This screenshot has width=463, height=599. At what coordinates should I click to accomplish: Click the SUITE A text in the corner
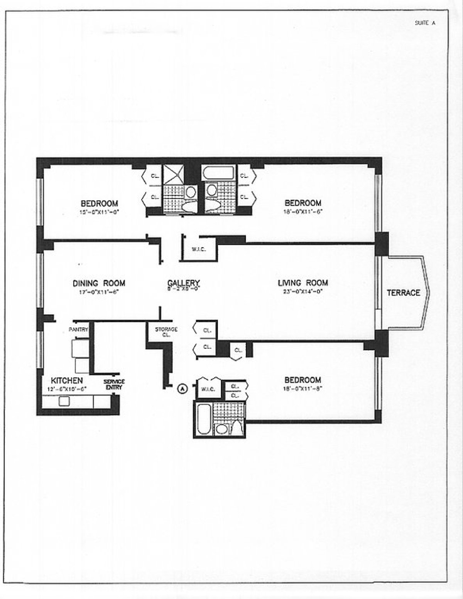click(x=425, y=23)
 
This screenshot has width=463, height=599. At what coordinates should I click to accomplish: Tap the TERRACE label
click(x=403, y=293)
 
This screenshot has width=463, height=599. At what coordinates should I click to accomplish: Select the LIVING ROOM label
click(x=303, y=283)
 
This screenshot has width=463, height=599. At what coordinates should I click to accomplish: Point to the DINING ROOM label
click(x=99, y=283)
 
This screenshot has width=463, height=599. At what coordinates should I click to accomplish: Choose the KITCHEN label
click(x=67, y=381)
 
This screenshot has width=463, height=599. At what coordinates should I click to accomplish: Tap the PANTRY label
click(x=78, y=330)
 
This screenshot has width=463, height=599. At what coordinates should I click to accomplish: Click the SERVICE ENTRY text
click(x=114, y=384)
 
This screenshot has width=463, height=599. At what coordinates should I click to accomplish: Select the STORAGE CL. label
click(x=166, y=332)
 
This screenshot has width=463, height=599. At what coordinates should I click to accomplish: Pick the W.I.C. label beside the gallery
click(x=199, y=249)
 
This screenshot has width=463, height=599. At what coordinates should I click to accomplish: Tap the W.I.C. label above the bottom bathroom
click(x=208, y=389)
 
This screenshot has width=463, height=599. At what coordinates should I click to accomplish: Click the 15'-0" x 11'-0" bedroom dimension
click(x=99, y=212)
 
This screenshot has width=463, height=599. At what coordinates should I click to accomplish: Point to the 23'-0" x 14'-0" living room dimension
click(x=302, y=292)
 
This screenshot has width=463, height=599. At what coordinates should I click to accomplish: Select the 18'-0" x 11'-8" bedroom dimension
click(x=302, y=389)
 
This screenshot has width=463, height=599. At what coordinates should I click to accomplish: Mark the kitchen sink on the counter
click(x=64, y=402)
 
